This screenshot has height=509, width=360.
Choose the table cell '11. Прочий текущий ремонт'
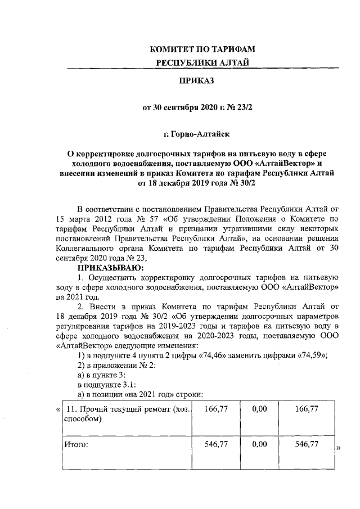click(127, 409)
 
